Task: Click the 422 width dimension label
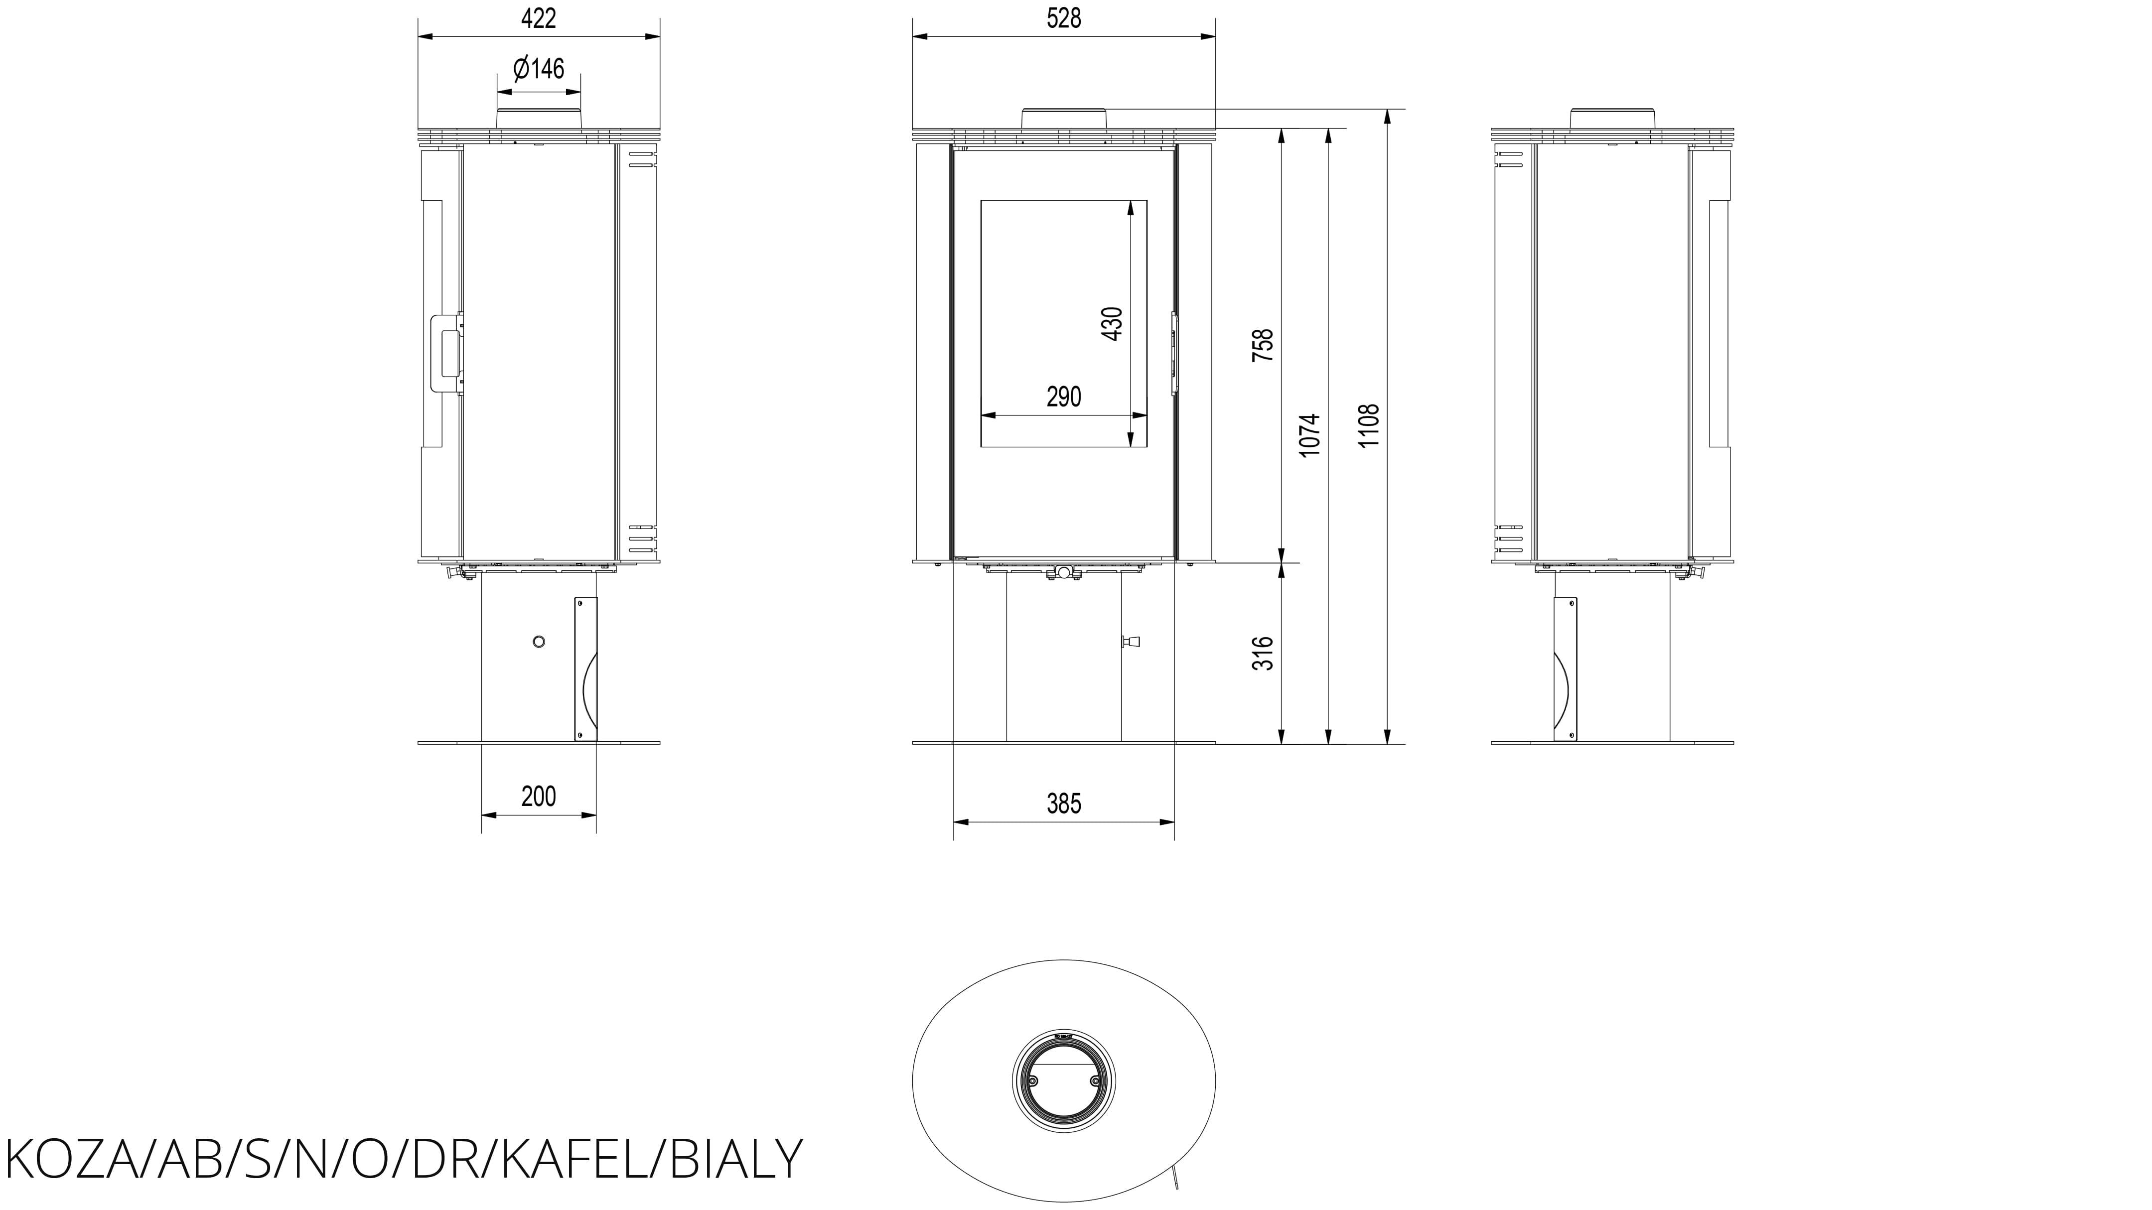pos(538,18)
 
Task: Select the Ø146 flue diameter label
pos(539,68)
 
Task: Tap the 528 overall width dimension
pos(1063,18)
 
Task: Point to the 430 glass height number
pos(1113,324)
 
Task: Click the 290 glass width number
pos(1063,397)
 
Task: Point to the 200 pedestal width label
pos(538,797)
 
